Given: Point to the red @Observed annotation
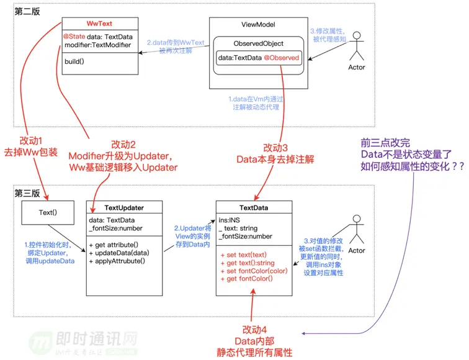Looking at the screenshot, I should pos(282,58).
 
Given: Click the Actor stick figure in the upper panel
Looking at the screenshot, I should pos(356,53).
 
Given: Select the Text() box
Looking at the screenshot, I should pos(47,212).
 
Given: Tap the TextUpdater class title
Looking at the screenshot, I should pos(124,207).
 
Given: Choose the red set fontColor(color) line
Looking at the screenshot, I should pos(254,271).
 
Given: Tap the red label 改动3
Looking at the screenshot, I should pos(275,148).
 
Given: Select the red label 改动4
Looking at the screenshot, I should pos(257,328).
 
